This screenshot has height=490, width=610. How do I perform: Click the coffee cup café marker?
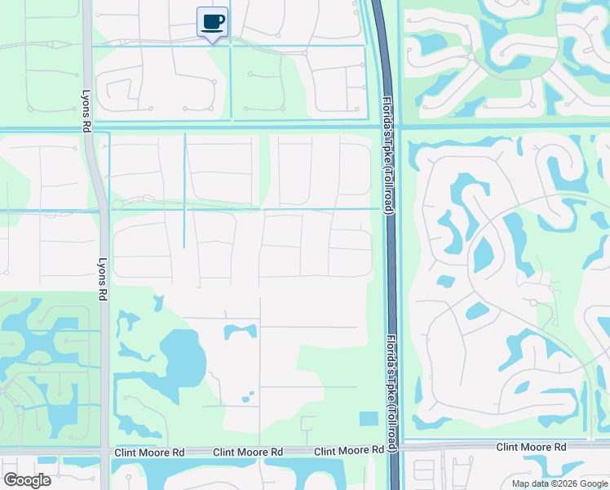coord(212,22)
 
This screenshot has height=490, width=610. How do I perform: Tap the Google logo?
coord(27,479)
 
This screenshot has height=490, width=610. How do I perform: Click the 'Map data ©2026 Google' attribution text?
coord(559,483)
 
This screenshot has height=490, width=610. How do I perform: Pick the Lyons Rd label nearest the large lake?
coord(103,281)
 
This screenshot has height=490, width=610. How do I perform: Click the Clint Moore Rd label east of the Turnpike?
coord(532,448)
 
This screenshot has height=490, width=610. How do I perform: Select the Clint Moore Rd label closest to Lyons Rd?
coord(150,452)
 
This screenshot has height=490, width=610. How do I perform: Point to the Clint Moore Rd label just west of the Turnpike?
coord(348,450)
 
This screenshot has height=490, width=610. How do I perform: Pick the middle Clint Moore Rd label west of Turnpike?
coord(248,452)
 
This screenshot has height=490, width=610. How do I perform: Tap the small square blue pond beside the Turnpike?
coord(369,419)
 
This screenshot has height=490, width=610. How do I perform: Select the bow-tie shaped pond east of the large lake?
coord(240,332)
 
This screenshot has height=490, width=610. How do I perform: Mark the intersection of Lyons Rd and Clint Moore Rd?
coord(104,452)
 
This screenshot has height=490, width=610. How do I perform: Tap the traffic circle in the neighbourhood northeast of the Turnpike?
coord(471,57)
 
